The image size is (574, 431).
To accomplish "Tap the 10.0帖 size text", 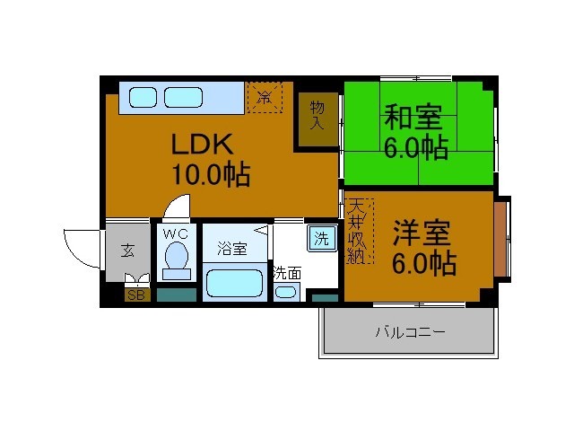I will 211,173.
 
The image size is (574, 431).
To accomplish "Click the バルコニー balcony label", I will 410,333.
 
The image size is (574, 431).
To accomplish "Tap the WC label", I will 176,234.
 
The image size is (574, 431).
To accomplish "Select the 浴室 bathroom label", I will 231,249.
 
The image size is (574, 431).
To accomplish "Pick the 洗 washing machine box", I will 320,239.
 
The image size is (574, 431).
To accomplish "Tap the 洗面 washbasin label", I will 287,272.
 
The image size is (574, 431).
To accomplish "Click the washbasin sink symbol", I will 285,292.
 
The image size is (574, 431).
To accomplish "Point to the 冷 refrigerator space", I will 265,96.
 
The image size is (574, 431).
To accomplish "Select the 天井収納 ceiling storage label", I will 356,232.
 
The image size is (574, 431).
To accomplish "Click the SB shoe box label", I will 136,295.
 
